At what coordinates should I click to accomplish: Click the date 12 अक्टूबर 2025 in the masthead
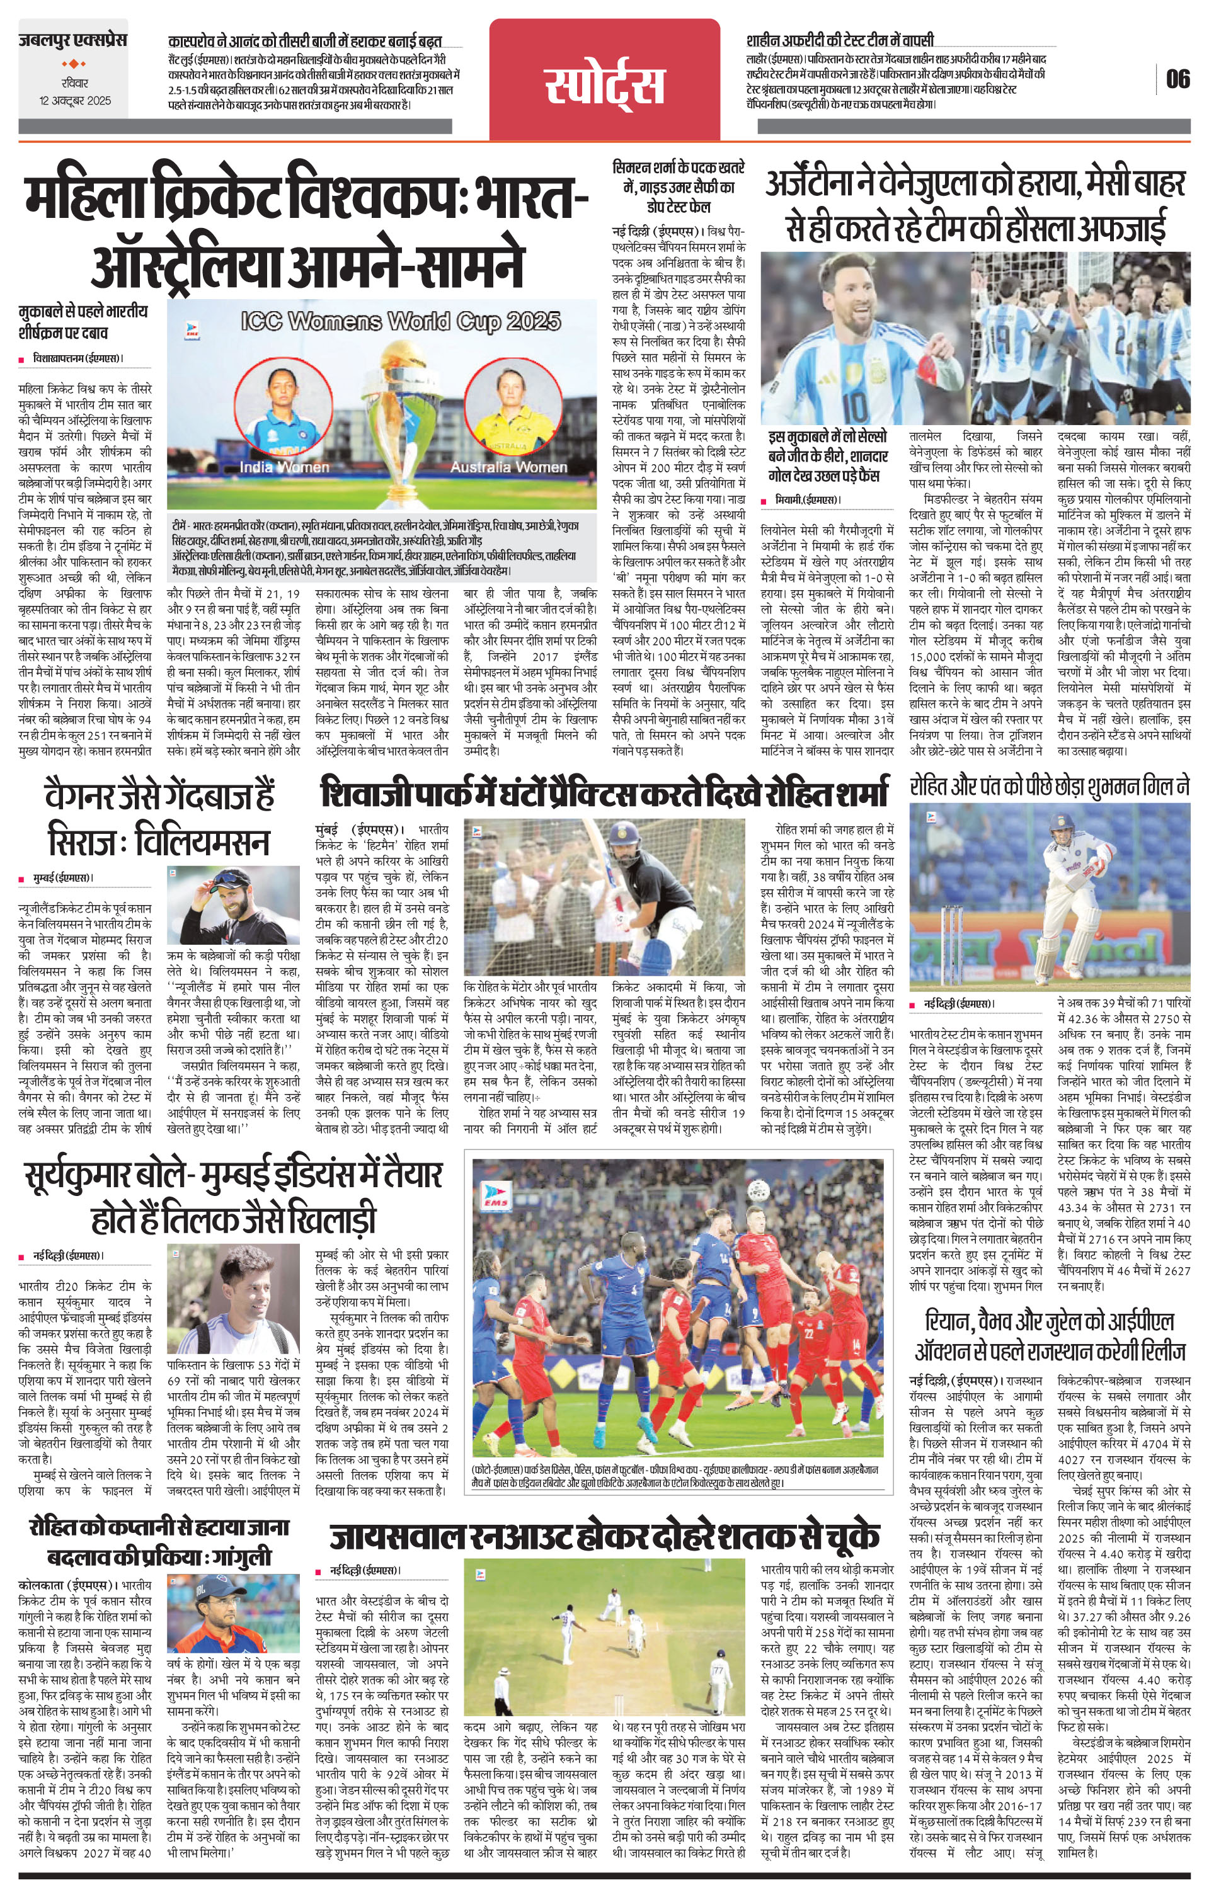pyautogui.click(x=76, y=101)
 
